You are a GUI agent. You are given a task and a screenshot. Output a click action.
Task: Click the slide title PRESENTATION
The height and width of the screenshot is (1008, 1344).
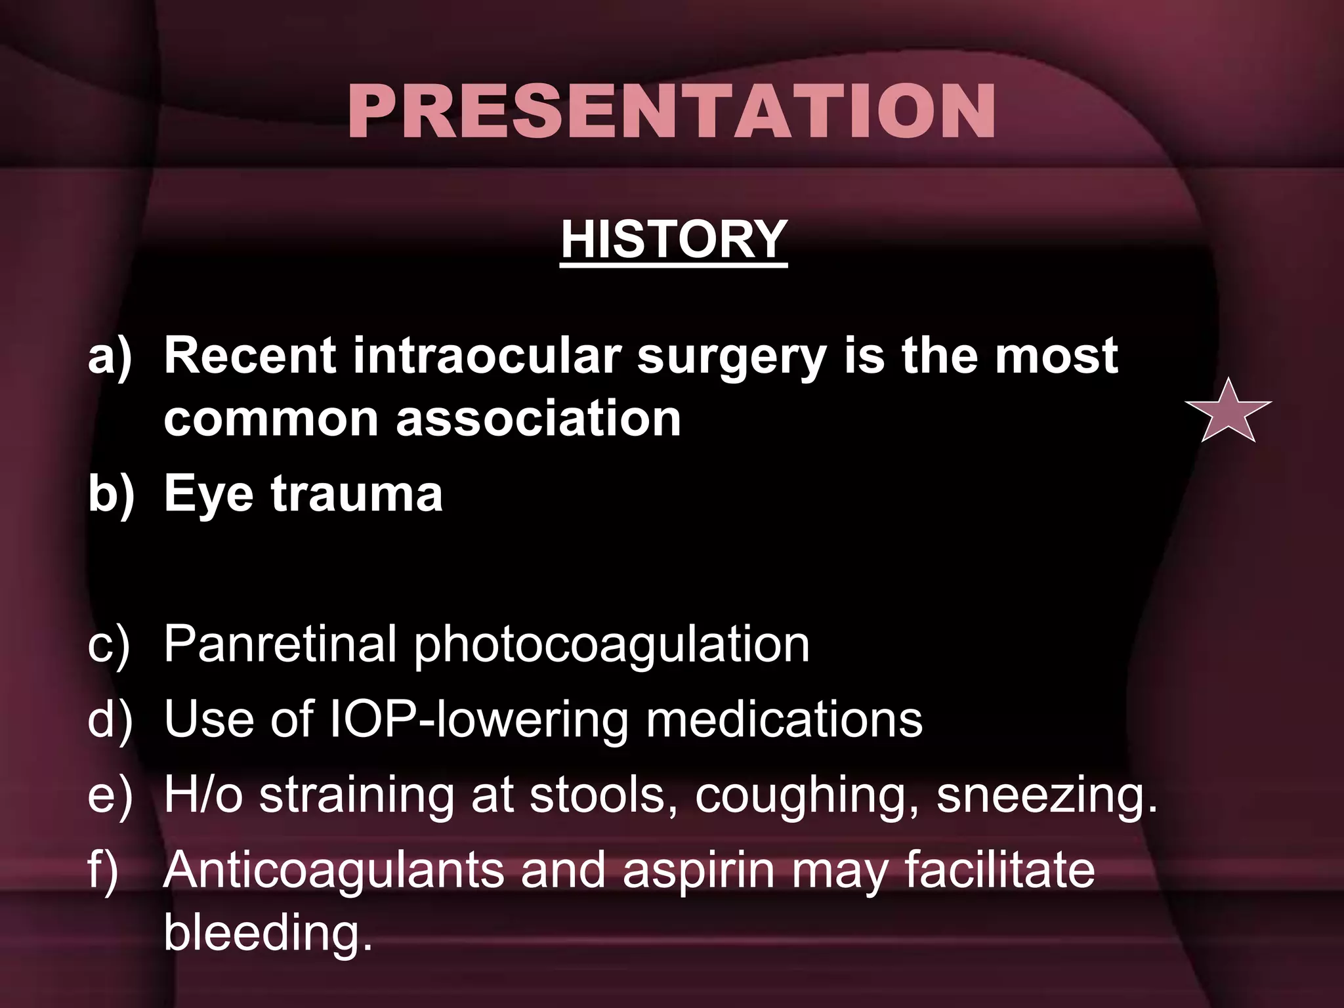[671, 112]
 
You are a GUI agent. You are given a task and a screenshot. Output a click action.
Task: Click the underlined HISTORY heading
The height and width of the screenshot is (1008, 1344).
[673, 240]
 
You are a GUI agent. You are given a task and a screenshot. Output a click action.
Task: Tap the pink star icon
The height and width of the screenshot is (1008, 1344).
[1228, 412]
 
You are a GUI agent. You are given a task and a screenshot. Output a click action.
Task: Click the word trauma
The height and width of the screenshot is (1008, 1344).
[356, 493]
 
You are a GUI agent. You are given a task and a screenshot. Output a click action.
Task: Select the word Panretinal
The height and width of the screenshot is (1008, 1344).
[280, 644]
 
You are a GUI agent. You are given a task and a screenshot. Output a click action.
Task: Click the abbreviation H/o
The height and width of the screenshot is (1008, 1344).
[203, 795]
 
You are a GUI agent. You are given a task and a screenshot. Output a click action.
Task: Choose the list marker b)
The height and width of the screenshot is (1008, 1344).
[110, 495]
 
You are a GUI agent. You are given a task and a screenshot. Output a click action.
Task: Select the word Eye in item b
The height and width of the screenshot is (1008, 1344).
[208, 495]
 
